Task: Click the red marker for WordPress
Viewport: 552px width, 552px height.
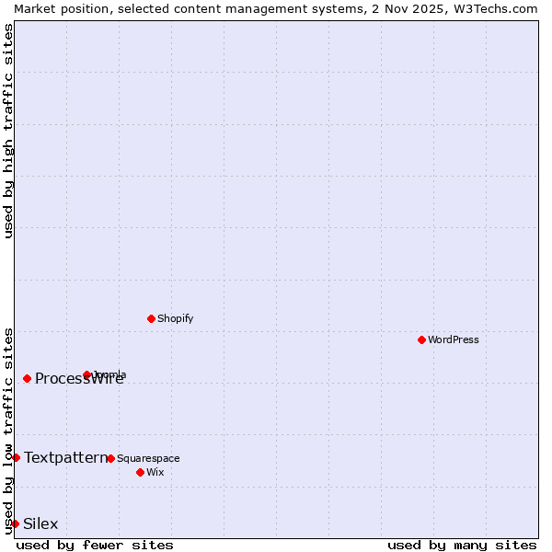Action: point(421,339)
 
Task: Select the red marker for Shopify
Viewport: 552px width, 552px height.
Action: point(151,318)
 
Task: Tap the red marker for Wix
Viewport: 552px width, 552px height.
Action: point(140,472)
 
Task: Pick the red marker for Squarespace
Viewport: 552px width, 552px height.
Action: point(110,458)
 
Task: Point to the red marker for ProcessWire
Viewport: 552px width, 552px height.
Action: point(27,378)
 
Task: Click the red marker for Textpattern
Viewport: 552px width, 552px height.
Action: point(16,457)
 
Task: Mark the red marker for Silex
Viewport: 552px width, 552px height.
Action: point(15,523)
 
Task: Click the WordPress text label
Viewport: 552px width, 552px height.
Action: point(454,339)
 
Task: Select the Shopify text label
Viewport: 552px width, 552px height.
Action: point(175,318)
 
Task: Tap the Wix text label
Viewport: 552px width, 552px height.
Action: point(155,472)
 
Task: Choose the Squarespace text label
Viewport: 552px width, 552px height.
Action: point(148,458)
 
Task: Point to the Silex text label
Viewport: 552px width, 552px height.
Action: point(40,523)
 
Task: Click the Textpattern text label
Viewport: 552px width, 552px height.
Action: point(66,457)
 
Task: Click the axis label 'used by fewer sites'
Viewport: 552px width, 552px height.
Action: point(95,545)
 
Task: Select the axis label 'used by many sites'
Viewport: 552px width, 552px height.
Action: point(462,545)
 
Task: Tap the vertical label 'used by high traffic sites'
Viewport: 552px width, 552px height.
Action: point(8,131)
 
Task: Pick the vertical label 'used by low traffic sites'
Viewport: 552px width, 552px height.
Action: point(8,430)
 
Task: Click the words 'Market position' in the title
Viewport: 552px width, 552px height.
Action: point(53,8)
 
